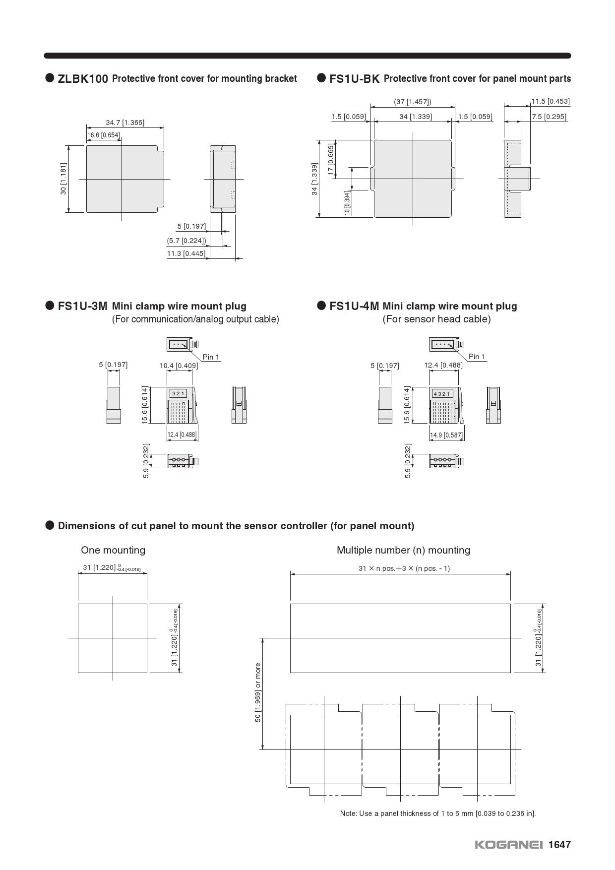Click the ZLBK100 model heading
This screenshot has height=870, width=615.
tap(83, 79)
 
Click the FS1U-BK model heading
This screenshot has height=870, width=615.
tap(354, 79)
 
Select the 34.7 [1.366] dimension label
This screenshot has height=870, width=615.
tap(125, 123)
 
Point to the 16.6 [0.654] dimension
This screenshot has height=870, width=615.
tap(104, 135)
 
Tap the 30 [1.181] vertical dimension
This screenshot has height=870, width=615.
tap(63, 179)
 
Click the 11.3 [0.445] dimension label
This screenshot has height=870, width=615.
tap(186, 253)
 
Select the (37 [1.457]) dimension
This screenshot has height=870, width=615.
tap(413, 102)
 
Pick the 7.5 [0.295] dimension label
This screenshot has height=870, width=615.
tap(549, 117)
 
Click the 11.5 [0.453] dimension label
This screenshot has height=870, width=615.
tap(551, 101)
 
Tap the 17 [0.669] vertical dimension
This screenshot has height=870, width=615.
tap(331, 159)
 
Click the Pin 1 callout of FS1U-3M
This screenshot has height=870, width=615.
tap(211, 357)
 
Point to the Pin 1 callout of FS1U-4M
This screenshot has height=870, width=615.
tap(477, 357)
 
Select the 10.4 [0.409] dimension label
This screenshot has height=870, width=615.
tap(179, 366)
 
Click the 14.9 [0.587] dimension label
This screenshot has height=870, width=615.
tap(446, 435)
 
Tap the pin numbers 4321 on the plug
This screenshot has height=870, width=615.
tap(442, 394)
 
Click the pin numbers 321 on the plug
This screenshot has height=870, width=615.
tap(179, 393)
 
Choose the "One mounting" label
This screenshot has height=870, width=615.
tap(113, 550)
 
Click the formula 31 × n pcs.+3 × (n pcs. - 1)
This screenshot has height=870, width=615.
tap(404, 568)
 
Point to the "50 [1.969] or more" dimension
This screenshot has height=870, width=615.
tap(258, 692)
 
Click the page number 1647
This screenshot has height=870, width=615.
tap(559, 845)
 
